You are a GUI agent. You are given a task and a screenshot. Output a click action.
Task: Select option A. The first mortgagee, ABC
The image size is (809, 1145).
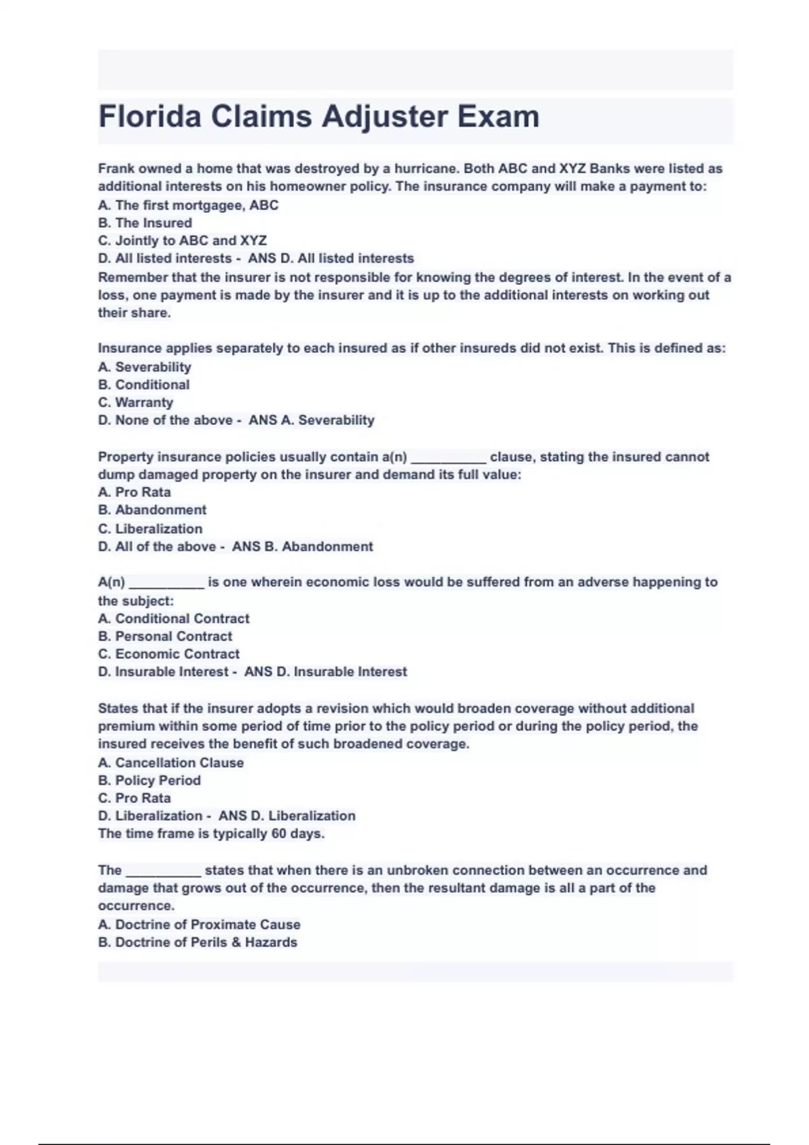point(188,205)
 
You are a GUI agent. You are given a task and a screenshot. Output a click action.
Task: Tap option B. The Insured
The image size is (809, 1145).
point(145,223)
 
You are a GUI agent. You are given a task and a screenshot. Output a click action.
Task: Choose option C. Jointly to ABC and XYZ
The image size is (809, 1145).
point(182,240)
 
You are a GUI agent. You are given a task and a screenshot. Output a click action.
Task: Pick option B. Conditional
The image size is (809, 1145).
point(144,385)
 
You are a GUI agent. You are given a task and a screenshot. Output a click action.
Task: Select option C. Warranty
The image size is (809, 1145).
point(136,402)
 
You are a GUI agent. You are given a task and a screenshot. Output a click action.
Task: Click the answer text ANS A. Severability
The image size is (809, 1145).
point(311,420)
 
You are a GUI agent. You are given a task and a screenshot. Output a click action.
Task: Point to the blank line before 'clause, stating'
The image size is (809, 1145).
point(448,457)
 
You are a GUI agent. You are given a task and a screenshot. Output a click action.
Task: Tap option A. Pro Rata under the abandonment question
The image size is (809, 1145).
point(134,492)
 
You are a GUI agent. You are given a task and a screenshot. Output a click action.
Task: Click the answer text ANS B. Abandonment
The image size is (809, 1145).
point(302,547)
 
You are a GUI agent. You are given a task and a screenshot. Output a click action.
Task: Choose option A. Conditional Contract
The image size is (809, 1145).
point(173,618)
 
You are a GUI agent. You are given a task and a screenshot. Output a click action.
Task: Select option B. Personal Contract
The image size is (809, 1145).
point(165,636)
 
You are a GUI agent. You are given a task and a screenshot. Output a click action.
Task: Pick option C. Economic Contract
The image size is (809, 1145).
point(169,654)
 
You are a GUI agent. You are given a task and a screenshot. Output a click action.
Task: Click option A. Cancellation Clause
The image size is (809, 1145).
point(171,762)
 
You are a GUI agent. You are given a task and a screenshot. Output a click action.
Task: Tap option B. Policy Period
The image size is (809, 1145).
point(149,780)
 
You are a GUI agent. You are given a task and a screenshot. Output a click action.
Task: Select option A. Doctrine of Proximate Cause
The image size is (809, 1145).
point(199,925)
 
